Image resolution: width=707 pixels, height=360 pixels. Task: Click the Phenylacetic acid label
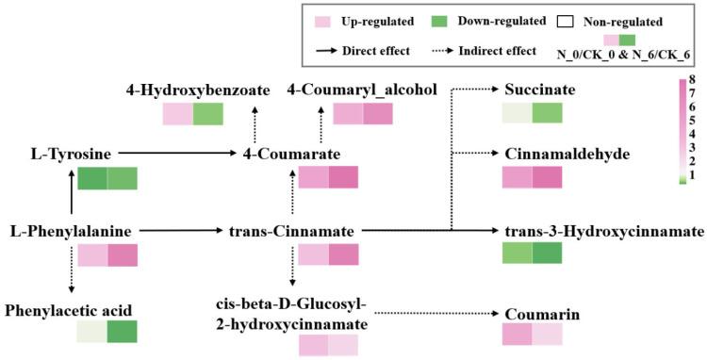click(68, 308)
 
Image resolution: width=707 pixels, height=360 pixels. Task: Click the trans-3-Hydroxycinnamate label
click(604, 230)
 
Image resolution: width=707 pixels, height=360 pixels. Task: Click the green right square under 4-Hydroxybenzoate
click(208, 114)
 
